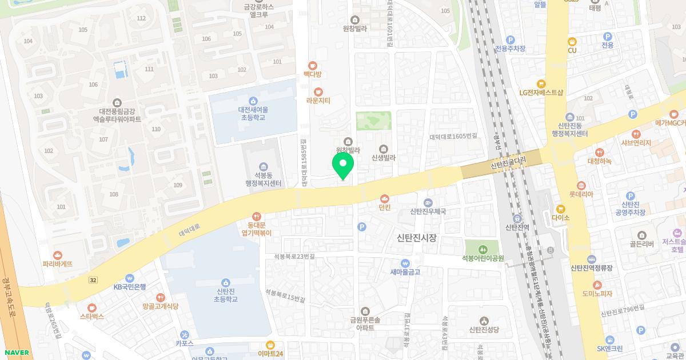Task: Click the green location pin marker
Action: tap(343, 164)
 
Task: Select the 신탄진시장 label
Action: tap(416, 238)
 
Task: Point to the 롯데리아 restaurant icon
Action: tap(581, 185)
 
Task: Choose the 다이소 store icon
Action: tap(561, 209)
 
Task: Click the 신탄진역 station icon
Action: tap(516, 218)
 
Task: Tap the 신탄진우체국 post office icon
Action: tap(428, 202)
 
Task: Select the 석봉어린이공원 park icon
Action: tap(483, 249)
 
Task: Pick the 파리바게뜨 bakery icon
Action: tap(57, 255)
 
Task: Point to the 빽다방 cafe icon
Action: tap(313, 66)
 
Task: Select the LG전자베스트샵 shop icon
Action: tap(541, 83)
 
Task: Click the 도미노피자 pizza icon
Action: tap(597, 285)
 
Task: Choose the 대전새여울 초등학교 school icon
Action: tap(254, 101)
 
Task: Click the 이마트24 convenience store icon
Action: tap(270, 345)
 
